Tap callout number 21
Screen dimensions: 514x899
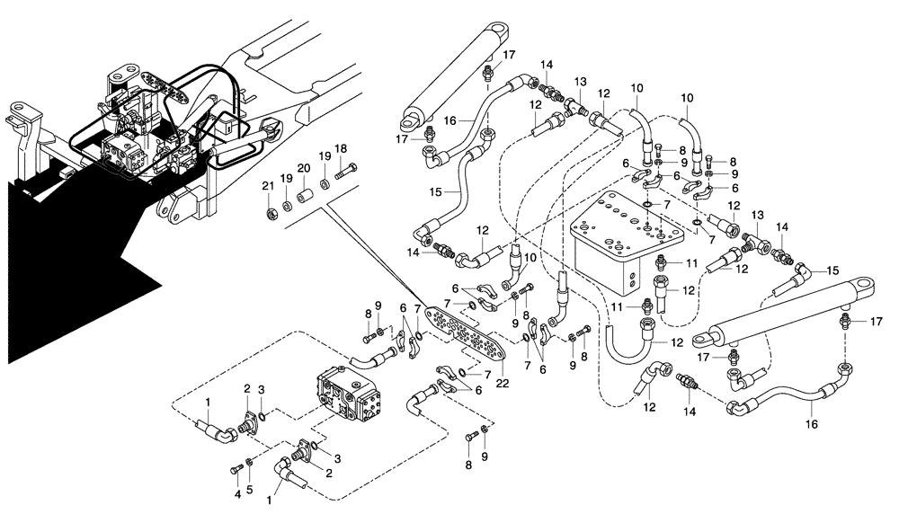point(267,185)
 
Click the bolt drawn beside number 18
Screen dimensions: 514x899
point(346,170)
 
